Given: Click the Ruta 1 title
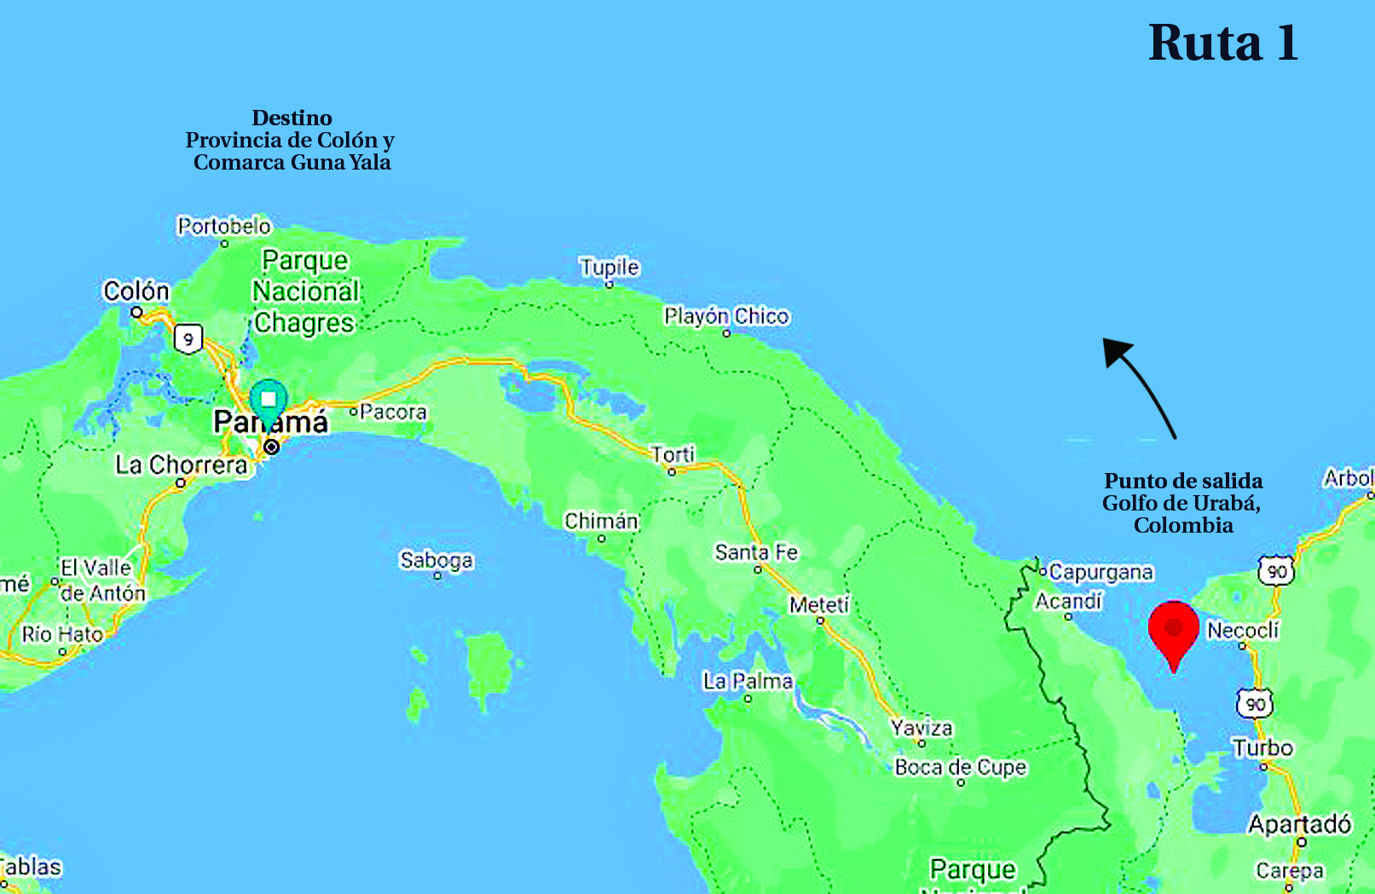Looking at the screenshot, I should tap(1222, 43).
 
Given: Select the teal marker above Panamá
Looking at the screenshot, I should tap(269, 400).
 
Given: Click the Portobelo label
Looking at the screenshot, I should tap(224, 226).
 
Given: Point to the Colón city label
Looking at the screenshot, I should tap(136, 291).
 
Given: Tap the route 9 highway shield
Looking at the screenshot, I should tap(188, 338).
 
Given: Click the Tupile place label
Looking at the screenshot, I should tap(609, 267).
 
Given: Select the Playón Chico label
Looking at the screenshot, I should tap(726, 316).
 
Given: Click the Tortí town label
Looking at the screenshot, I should tap(673, 453).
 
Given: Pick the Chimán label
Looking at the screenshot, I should tap(601, 521).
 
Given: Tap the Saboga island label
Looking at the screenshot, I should tap(436, 560).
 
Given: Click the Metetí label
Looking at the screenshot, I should tap(819, 604).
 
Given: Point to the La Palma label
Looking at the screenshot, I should tap(748, 681).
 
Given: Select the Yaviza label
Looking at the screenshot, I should tap(921, 728).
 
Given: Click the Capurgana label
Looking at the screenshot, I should tap(1101, 572).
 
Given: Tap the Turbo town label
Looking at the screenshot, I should tap(1262, 747).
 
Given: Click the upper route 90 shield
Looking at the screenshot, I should tap(1276, 571).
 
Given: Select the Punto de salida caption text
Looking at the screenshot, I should tap(1183, 481).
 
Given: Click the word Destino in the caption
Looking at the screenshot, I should tap(292, 118).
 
